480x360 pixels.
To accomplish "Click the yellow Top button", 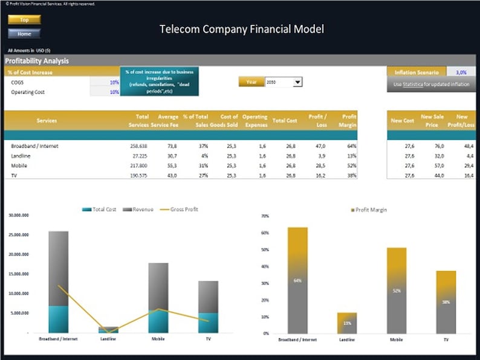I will [24, 20].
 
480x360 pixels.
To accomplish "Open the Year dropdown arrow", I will [297, 82].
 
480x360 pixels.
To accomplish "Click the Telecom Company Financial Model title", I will [241, 29].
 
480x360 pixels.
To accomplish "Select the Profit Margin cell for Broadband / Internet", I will [348, 146].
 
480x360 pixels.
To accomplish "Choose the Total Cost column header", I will [285, 120].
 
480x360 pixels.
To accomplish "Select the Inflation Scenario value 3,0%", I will [461, 72].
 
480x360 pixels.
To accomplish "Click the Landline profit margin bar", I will [347, 323].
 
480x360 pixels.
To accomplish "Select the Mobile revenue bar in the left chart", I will [158, 286].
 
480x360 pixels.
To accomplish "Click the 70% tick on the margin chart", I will [265, 216].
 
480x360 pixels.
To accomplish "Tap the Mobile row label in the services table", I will [19, 166].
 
